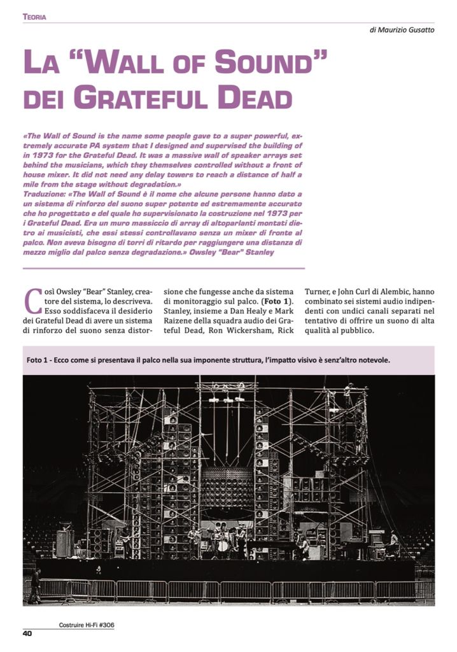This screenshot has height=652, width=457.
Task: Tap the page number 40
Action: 27,633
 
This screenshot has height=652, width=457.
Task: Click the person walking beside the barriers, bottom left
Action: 35,585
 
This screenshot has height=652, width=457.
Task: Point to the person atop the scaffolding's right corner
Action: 348,388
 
